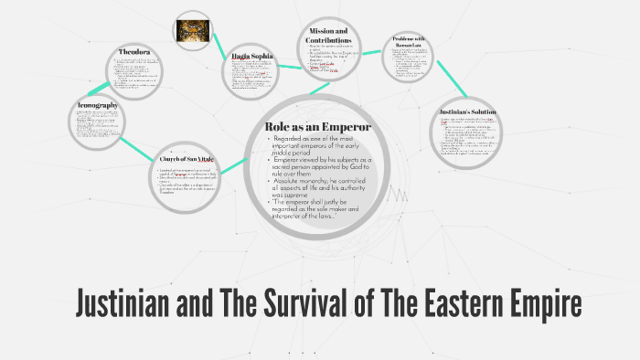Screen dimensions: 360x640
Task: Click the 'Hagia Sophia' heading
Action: [252, 57]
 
